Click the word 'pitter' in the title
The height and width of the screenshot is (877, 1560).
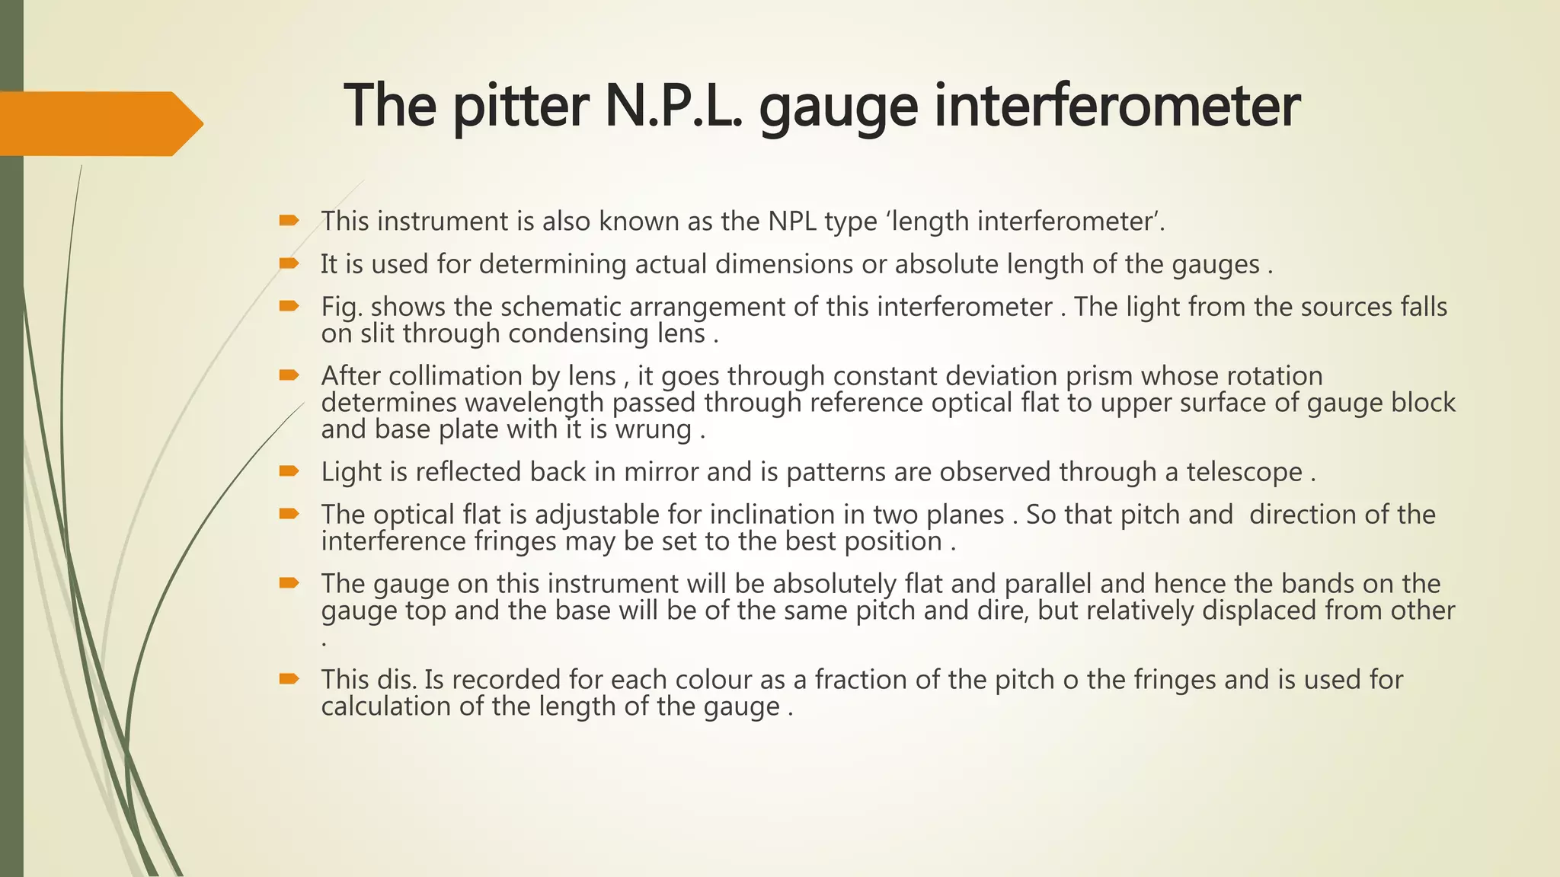[x=521, y=106]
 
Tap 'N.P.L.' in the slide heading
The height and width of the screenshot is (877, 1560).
[x=675, y=106]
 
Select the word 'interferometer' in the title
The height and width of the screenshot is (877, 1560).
[x=1117, y=106]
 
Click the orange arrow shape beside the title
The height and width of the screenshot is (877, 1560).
[x=99, y=123]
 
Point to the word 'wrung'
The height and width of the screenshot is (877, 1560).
[x=654, y=429]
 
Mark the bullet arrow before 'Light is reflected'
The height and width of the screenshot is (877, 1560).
[x=289, y=471]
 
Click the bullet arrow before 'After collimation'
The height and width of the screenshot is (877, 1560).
[x=289, y=375]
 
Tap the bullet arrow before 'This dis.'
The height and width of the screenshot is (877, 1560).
[x=289, y=678]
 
